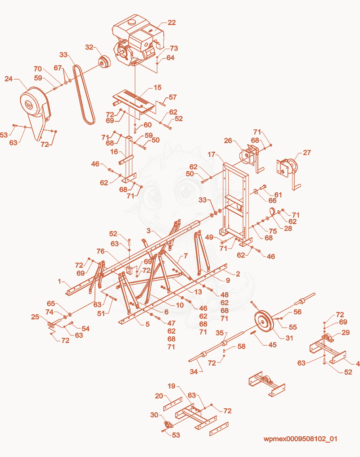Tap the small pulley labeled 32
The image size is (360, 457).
pos(103,62)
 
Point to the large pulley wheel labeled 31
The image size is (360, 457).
pos(264,322)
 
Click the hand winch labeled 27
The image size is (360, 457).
pos(289,172)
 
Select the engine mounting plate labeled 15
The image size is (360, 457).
pos(133,101)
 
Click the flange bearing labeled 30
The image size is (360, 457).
pos(169,425)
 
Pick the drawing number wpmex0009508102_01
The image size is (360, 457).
pos(300,439)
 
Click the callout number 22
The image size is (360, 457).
pos(171,23)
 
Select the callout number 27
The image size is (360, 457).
pos(307,153)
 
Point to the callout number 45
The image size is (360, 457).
pos(272,345)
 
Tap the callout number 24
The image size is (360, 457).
pos(9,79)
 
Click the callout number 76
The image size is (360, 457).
pos(100,251)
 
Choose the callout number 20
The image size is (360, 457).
pos(159,396)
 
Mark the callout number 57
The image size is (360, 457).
pos(173,97)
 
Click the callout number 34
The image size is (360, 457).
pos(193,371)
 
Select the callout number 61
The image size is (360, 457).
pos(278,195)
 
